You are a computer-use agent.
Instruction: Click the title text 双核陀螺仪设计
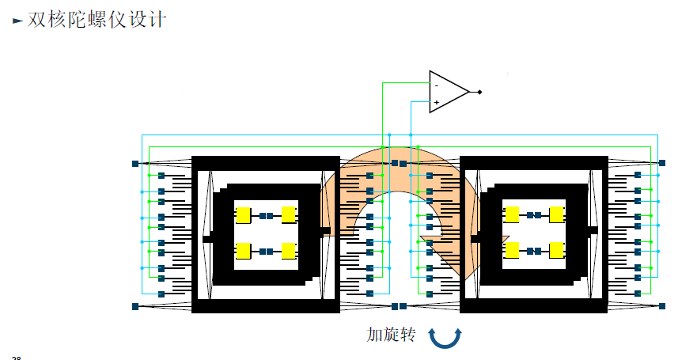(x=97, y=20)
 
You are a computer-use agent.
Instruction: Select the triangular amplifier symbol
(x=447, y=92)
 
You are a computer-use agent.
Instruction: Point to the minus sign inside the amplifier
(x=436, y=84)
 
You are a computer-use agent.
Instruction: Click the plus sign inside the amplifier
(x=436, y=102)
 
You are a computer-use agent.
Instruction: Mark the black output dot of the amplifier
(x=479, y=92)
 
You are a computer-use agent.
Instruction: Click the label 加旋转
(x=391, y=335)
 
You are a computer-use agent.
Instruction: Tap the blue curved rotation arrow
(x=445, y=337)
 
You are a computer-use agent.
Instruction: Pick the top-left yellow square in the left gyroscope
(x=243, y=215)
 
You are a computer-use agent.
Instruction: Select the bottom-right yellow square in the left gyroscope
(x=289, y=251)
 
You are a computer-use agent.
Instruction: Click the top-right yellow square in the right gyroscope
(x=556, y=215)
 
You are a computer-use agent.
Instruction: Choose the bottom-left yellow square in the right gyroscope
(x=512, y=250)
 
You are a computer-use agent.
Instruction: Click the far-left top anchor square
(x=135, y=164)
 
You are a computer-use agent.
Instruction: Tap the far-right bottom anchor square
(x=664, y=306)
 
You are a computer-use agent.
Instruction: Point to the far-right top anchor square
(x=664, y=163)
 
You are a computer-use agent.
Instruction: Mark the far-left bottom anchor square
(x=135, y=306)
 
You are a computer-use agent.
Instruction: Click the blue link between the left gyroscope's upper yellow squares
(x=266, y=215)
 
